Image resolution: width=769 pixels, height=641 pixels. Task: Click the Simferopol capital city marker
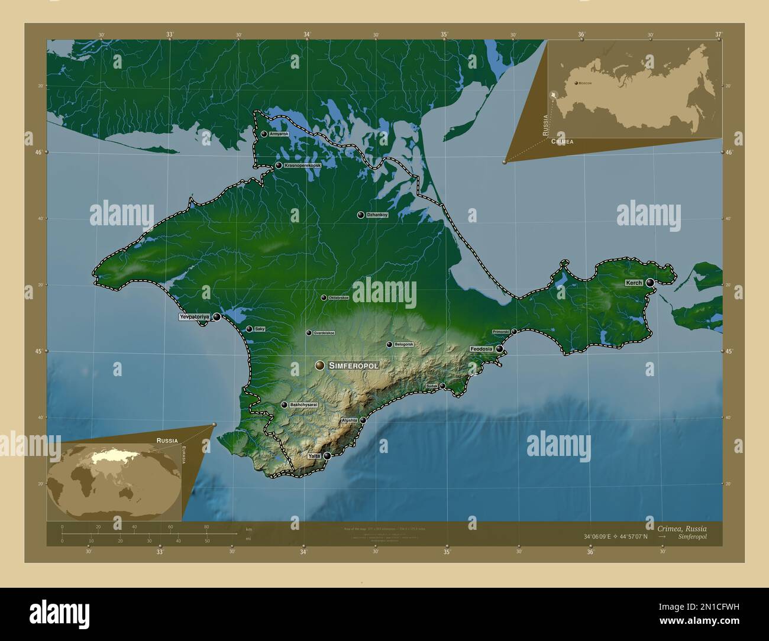(320, 366)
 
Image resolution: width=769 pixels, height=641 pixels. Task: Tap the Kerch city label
(634, 283)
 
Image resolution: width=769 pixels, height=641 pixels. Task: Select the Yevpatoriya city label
(195, 317)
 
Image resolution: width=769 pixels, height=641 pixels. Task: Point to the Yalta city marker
(327, 456)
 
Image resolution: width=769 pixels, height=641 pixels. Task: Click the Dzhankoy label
(377, 215)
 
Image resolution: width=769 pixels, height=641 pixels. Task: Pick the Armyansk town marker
(264, 134)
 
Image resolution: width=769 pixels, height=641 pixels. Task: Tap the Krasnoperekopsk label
(302, 166)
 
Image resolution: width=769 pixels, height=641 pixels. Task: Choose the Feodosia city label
(482, 349)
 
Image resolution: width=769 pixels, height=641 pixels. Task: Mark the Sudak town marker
(442, 386)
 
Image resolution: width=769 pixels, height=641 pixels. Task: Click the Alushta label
(349, 420)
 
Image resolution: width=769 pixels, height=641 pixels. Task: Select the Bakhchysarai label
(304, 405)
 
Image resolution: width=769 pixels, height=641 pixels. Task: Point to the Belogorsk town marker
(389, 344)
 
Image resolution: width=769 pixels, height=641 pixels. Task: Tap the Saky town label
(260, 329)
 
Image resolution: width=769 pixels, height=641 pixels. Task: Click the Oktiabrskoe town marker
(324, 297)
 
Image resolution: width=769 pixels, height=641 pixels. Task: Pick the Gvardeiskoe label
(324, 333)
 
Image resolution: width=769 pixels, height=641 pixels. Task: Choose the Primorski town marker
(514, 332)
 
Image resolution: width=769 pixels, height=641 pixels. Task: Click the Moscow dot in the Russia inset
(576, 83)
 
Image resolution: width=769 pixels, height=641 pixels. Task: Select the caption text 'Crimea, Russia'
(681, 528)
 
